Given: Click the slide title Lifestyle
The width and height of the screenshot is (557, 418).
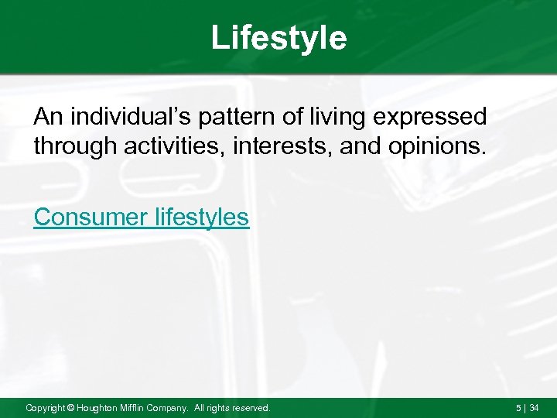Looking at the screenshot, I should click(x=278, y=38).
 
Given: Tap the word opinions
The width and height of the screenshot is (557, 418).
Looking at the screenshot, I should click(x=439, y=146).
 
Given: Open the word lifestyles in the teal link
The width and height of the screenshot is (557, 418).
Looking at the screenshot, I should click(x=200, y=218).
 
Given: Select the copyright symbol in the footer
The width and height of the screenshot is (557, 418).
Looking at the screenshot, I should click(x=69, y=407).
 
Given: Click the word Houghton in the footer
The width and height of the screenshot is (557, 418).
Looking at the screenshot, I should click(x=97, y=407).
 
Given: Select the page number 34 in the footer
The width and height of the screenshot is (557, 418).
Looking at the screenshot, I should click(x=535, y=407).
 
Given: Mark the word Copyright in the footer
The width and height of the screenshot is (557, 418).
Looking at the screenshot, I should click(x=45, y=407).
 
